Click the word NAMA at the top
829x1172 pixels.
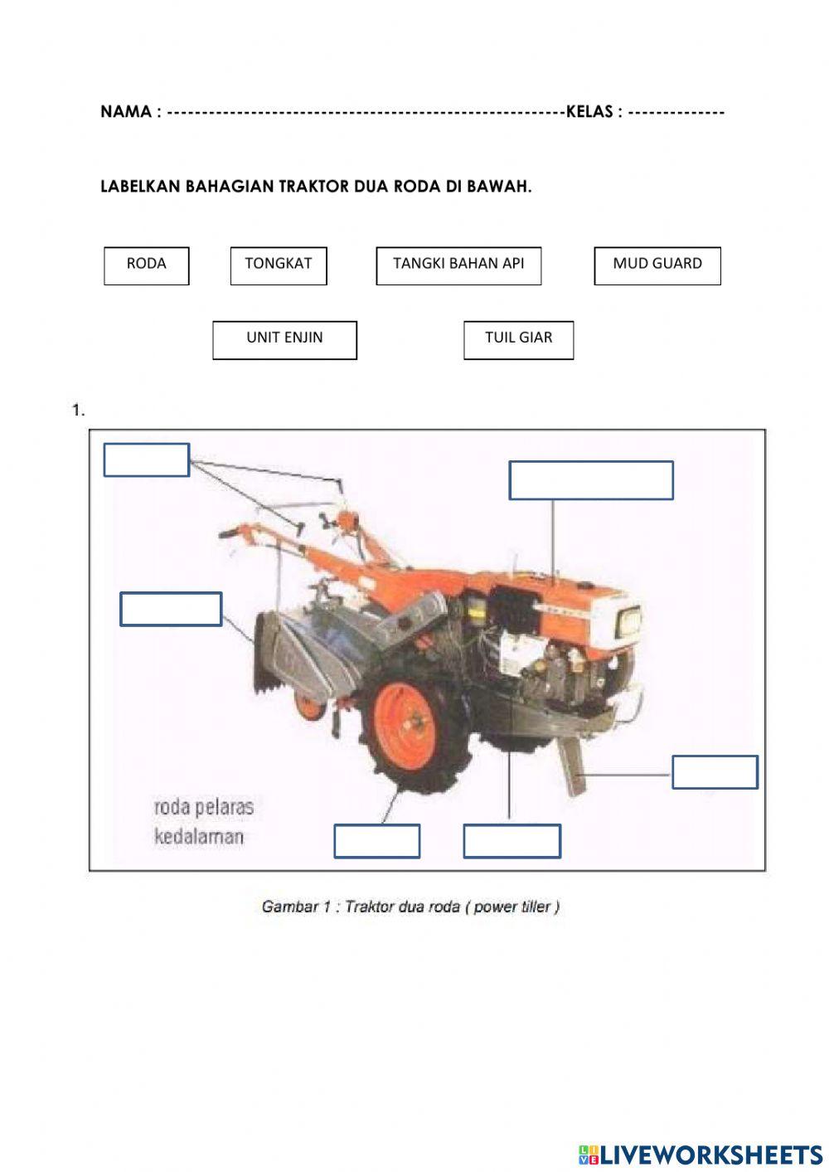(125, 112)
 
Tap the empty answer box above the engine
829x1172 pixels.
(590, 480)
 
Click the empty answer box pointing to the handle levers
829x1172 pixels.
(146, 460)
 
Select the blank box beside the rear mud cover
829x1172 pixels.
(170, 609)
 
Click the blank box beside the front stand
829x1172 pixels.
(714, 771)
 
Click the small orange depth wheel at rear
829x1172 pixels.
(309, 705)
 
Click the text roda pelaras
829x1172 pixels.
(203, 807)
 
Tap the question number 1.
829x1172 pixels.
(78, 410)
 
